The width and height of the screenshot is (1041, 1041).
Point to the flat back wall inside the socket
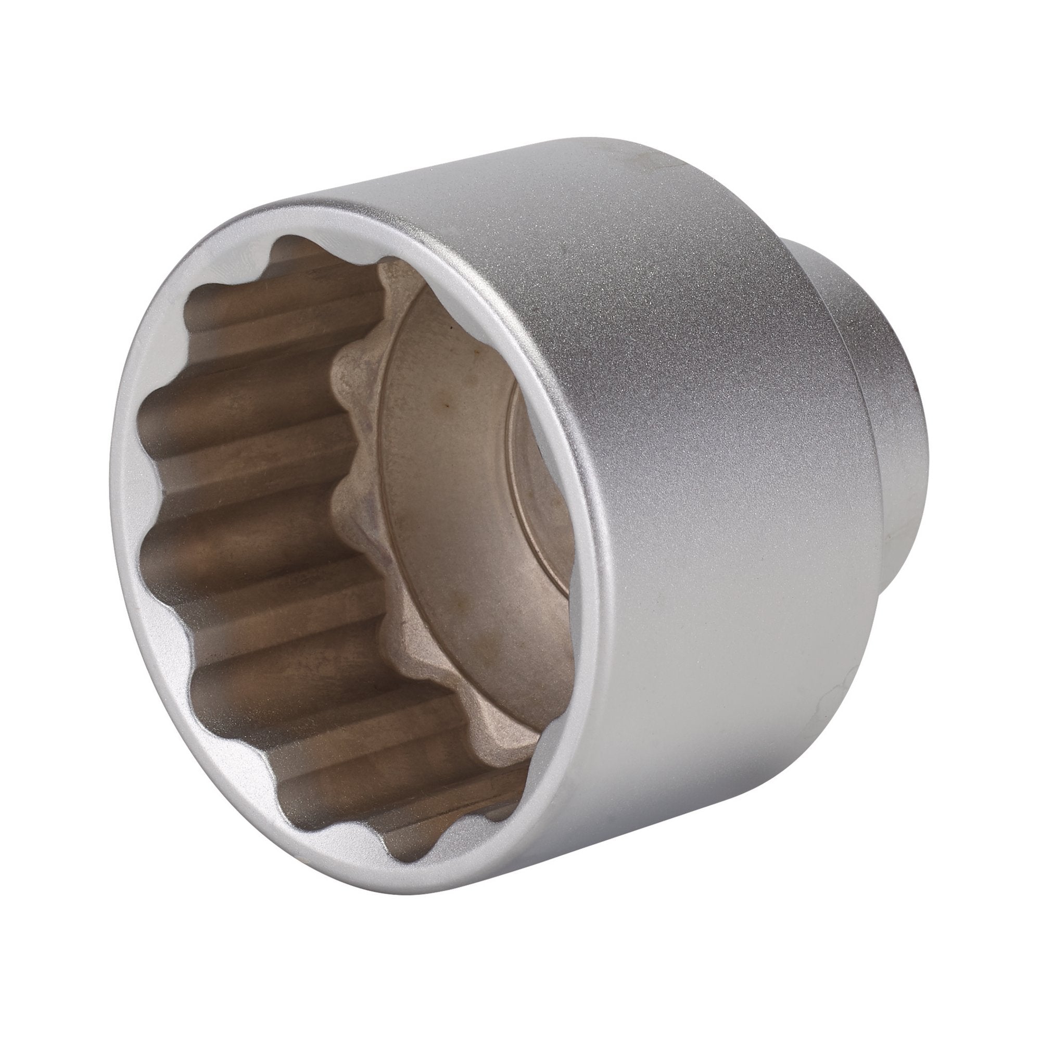tap(458, 512)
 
